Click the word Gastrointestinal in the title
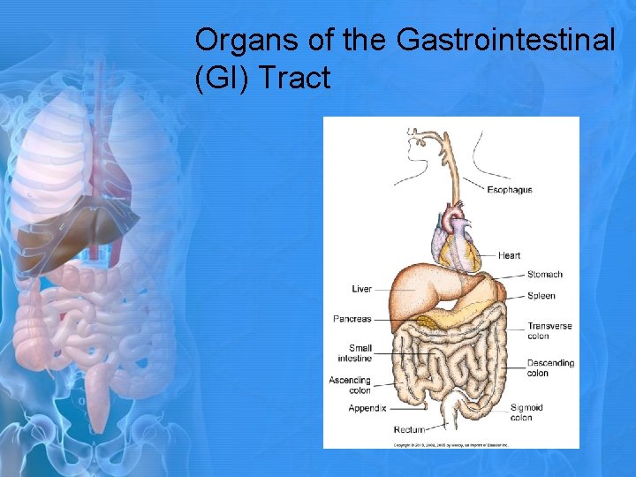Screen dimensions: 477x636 pyautogui.click(x=506, y=41)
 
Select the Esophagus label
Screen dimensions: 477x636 pyautogui.click(x=510, y=190)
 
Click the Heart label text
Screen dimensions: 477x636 pyautogui.click(x=509, y=256)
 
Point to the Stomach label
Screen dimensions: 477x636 pyautogui.click(x=544, y=275)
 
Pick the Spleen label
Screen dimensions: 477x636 pyautogui.click(x=541, y=296)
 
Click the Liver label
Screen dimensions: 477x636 pyautogui.click(x=361, y=289)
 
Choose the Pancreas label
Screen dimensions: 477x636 pyautogui.click(x=352, y=319)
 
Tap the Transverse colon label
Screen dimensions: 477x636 pyautogui.click(x=549, y=330)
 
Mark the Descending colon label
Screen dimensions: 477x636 pyautogui.click(x=549, y=367)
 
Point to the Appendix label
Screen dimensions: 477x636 pyautogui.click(x=367, y=408)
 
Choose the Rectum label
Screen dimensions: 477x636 pyautogui.click(x=408, y=429)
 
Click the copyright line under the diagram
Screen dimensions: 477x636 pyautogui.click(x=450, y=444)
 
